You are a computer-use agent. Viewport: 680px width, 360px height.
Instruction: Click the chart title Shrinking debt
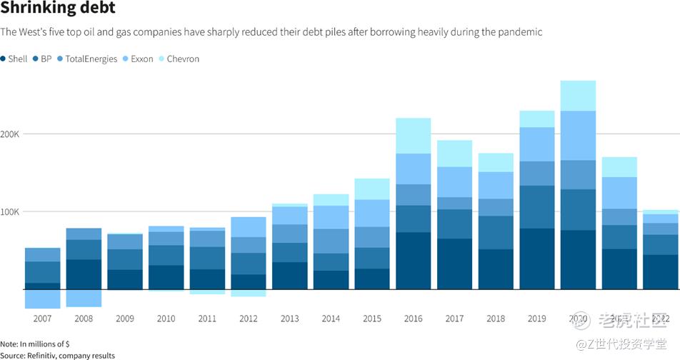point(57,9)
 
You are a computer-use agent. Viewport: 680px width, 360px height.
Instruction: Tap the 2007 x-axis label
point(42,319)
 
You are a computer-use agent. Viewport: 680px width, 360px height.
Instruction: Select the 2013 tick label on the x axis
point(290,319)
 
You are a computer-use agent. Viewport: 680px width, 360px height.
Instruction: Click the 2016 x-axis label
point(414,319)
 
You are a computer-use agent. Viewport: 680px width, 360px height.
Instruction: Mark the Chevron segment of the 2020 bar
point(578,96)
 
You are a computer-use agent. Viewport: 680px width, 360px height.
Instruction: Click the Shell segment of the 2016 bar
point(414,261)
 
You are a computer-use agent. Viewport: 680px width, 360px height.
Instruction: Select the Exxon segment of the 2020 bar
point(578,136)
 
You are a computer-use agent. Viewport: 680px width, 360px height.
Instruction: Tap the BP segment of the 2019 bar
point(536,207)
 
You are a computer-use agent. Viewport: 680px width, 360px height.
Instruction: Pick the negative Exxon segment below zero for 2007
point(42,299)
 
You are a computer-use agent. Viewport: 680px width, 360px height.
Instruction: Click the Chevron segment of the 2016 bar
point(414,136)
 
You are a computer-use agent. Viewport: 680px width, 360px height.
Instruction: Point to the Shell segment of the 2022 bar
point(661,272)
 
